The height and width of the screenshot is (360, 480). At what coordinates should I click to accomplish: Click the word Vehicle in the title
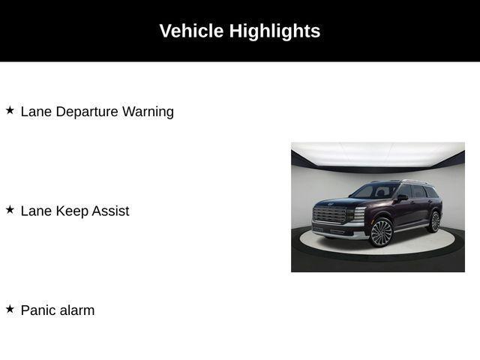[x=191, y=31]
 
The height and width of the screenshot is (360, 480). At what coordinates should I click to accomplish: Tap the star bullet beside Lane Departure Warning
[x=10, y=110]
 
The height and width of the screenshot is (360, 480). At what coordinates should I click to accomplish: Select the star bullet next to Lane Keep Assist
[x=10, y=210]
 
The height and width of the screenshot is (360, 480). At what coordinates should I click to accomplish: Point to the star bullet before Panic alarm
[x=10, y=309]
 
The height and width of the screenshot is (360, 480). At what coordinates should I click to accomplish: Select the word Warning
[x=148, y=112]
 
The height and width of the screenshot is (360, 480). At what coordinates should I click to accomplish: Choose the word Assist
[x=110, y=211]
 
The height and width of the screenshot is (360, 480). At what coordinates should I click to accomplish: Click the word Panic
[x=38, y=310]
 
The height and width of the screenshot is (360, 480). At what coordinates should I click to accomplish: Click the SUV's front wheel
[x=381, y=232]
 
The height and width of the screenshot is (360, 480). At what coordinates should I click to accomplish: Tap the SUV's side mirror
[x=403, y=197]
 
